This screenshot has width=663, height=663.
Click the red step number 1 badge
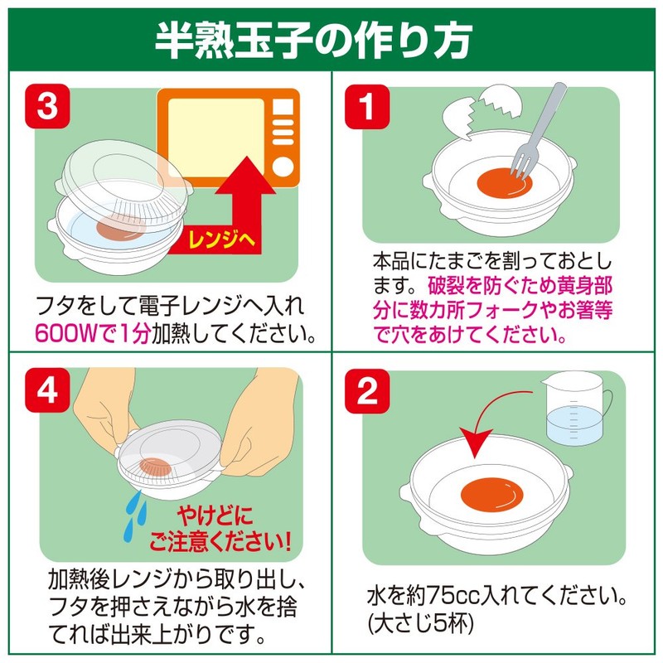coord(367,107)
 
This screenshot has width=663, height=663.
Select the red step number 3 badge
coord(47,106)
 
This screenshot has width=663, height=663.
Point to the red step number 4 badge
coord(47,390)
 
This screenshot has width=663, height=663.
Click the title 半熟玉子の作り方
coord(313,41)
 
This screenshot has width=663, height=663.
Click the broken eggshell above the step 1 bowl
coord(482,111)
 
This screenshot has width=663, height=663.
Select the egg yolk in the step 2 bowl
coord(491,494)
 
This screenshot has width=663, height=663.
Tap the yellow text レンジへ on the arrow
coord(221,240)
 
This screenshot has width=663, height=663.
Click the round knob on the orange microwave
coord(283,167)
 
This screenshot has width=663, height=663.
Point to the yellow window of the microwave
coord(216,138)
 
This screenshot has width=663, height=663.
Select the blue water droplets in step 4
coord(135,516)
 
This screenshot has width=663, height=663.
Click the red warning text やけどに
coord(215,515)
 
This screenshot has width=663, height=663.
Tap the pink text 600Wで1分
coord(93,334)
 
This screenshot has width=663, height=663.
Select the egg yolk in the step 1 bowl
coord(505,183)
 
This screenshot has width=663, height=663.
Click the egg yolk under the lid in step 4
coord(156,466)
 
